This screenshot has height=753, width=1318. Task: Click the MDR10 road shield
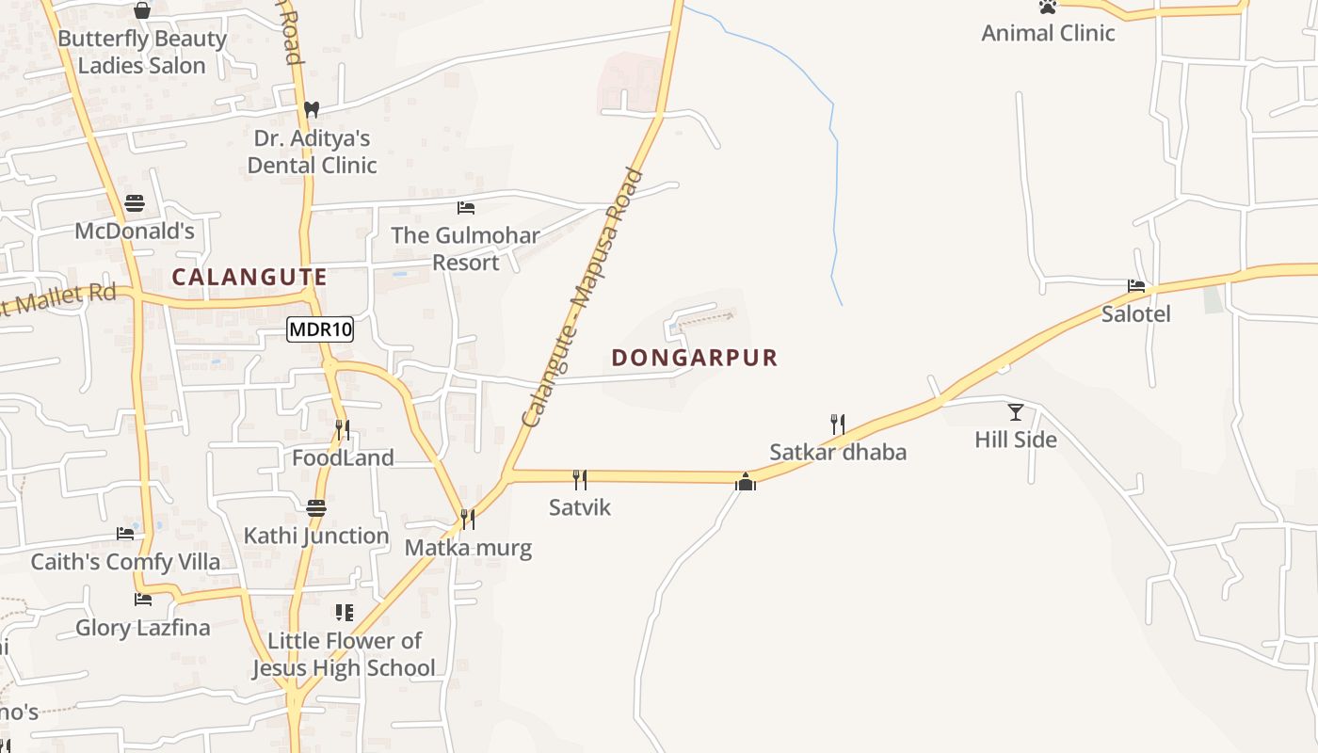320,329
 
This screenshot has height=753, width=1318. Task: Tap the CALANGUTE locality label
249,278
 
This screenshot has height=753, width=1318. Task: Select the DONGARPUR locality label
695,358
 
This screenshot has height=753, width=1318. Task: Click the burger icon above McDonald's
135,203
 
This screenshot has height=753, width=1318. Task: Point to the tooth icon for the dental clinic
312,110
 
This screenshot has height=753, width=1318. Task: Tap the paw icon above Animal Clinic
1048,7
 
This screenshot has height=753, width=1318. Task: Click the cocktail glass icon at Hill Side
1016,411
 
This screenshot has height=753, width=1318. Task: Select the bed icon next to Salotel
1136,285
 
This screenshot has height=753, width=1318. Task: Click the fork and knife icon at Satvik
580,480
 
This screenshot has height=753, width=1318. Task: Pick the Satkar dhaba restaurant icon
838,425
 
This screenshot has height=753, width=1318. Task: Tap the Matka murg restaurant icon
467,520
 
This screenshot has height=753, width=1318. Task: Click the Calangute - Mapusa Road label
583,297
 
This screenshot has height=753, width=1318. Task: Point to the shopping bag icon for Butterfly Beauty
142,10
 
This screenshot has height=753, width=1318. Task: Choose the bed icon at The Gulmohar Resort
465,207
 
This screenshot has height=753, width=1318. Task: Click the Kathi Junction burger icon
316,508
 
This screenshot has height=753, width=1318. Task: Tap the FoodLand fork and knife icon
343,430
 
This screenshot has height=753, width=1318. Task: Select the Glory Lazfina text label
142,628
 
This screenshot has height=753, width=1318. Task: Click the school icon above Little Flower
345,613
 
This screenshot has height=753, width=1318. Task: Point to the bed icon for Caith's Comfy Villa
125,534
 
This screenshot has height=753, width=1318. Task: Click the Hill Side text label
1016,440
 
